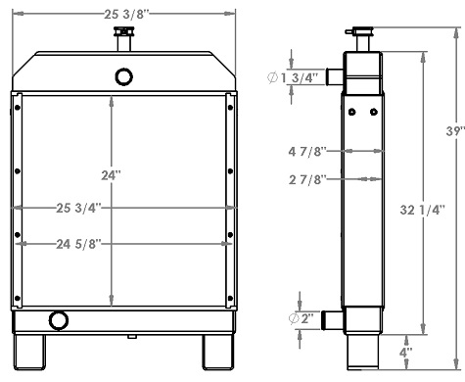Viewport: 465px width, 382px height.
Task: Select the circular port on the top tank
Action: coord(123,75)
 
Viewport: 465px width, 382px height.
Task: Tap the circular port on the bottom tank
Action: coord(59,319)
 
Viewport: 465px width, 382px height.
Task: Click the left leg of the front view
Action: coord(30,354)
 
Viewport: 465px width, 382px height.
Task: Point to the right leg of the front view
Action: coord(216,354)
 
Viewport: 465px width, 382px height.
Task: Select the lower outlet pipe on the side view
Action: coord(334,320)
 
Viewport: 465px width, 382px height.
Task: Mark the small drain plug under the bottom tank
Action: coord(130,338)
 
